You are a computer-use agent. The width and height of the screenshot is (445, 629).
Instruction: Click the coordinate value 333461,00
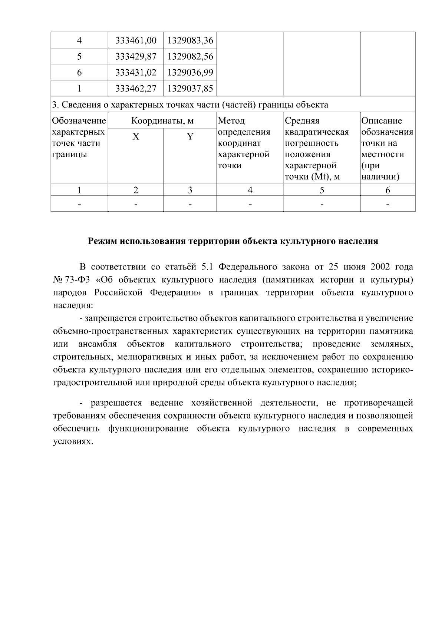click(x=136, y=40)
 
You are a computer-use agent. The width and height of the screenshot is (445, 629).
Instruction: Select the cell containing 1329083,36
click(x=190, y=40)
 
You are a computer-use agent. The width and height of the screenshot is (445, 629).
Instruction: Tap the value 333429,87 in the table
click(x=136, y=56)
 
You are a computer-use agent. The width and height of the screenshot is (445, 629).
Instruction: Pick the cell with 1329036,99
click(x=190, y=72)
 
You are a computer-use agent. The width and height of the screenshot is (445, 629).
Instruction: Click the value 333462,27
click(x=136, y=88)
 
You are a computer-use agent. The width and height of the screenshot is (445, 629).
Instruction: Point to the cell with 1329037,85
click(x=190, y=88)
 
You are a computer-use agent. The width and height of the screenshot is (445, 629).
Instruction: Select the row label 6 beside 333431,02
click(x=79, y=72)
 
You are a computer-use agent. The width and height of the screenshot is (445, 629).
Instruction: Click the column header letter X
click(x=136, y=137)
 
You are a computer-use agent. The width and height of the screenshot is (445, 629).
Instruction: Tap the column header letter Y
click(x=190, y=137)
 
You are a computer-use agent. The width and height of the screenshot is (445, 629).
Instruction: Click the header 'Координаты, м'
click(x=162, y=121)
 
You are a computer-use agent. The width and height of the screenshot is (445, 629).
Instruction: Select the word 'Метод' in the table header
click(x=231, y=121)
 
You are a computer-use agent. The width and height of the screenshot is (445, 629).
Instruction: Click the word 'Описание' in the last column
click(x=382, y=121)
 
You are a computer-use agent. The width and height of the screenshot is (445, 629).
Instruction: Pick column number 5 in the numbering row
click(x=322, y=190)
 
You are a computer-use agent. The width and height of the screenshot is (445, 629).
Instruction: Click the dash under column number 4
click(x=250, y=204)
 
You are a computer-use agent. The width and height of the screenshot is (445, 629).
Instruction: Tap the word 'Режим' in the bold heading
click(x=102, y=241)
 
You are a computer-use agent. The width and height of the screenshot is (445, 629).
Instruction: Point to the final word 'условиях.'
click(x=72, y=442)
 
